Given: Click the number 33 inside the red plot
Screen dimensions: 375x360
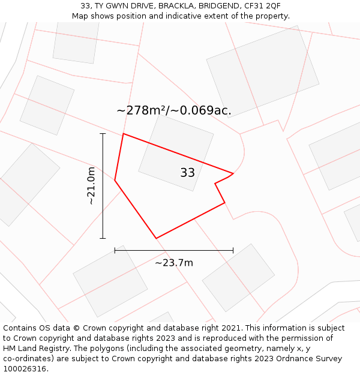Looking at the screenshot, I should [187, 173].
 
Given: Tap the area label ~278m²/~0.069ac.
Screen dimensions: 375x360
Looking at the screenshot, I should [173, 110].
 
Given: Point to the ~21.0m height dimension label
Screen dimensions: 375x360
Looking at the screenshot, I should [91, 186].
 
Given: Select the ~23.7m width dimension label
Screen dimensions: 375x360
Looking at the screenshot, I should [174, 263].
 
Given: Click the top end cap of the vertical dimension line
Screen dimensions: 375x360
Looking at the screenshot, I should [103, 134].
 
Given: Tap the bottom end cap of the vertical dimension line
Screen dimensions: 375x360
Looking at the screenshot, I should [103, 238].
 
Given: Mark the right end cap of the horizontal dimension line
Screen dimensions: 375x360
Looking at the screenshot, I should [233, 250].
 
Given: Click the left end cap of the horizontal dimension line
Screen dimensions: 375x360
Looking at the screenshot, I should [115, 250].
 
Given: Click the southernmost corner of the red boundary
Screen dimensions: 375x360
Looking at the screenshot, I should [156, 238].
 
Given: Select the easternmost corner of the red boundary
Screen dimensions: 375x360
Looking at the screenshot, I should [233, 173].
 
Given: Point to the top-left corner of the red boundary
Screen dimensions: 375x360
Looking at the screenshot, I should [124, 134].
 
